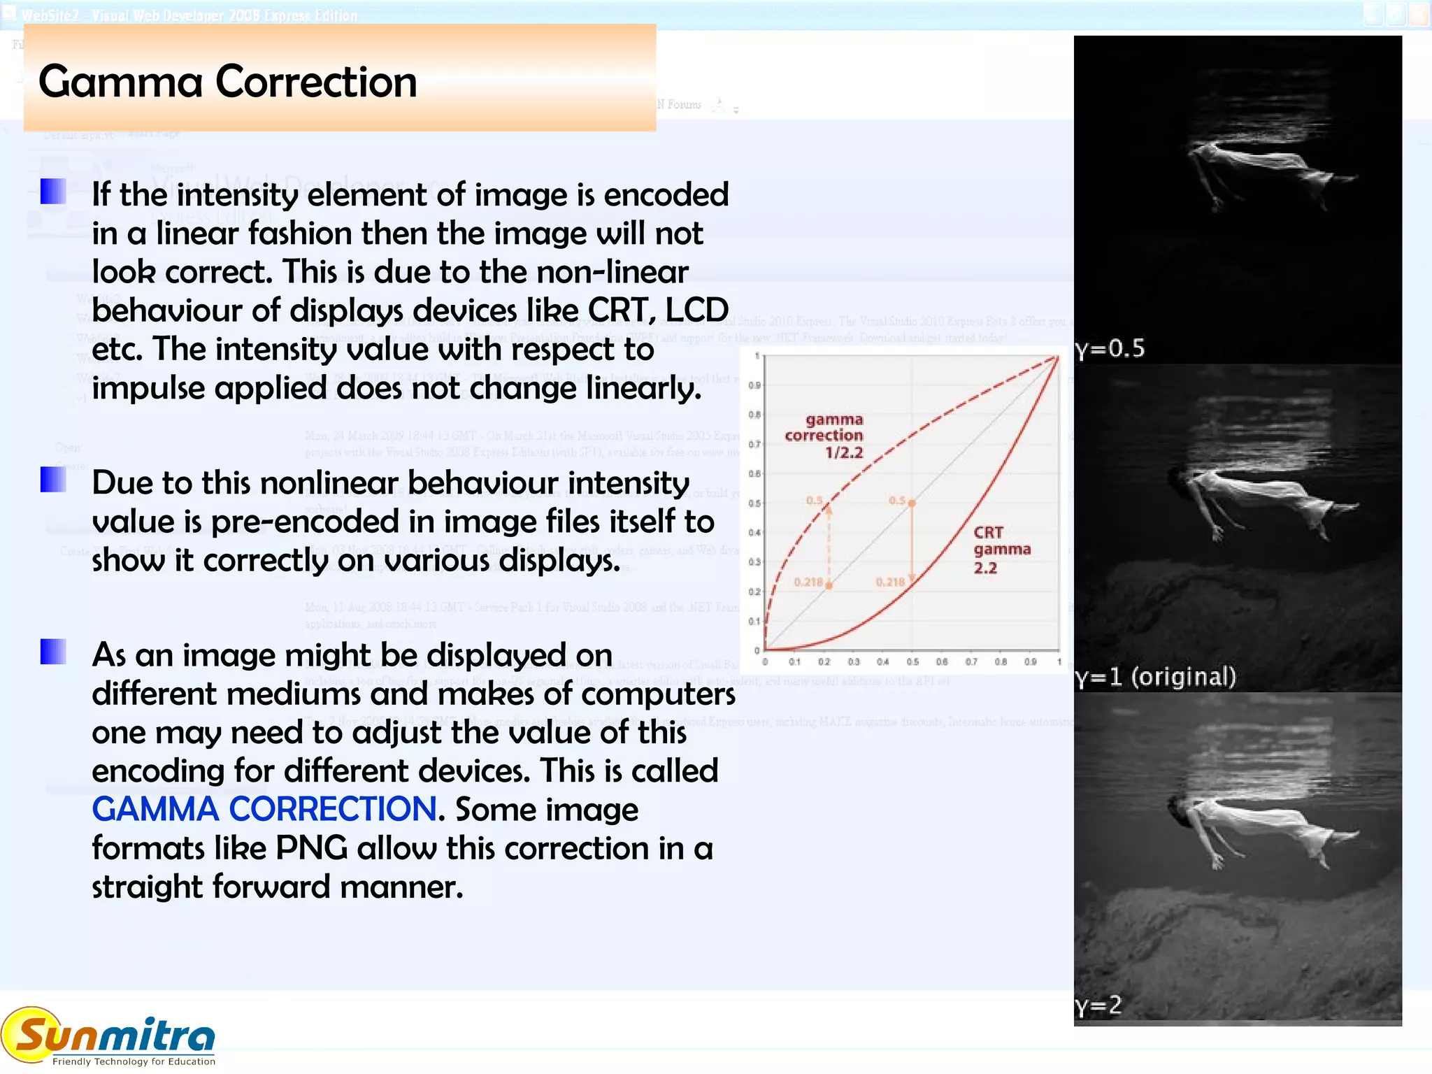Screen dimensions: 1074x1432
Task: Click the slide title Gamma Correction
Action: click(x=227, y=82)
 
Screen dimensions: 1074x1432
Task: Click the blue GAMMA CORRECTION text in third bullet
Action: click(x=264, y=810)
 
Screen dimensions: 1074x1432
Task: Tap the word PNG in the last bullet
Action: click(x=311, y=848)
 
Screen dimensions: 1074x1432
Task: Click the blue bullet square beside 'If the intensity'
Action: click(x=53, y=192)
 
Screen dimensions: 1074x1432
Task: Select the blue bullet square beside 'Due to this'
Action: click(x=53, y=480)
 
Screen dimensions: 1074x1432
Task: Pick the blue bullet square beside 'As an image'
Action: click(x=53, y=652)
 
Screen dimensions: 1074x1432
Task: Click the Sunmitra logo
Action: click(x=108, y=1036)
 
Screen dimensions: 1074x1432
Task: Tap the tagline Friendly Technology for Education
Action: click(x=134, y=1061)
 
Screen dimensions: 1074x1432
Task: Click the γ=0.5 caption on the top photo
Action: click(x=1110, y=348)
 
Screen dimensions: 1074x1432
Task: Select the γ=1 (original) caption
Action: click(x=1156, y=677)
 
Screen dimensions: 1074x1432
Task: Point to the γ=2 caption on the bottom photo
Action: click(x=1098, y=1005)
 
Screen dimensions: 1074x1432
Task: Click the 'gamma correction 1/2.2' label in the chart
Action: click(x=825, y=436)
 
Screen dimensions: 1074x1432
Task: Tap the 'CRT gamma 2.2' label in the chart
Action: click(x=1001, y=550)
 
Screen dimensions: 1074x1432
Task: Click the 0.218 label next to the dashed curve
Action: click(x=808, y=582)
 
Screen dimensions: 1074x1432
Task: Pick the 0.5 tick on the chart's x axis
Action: click(x=912, y=661)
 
